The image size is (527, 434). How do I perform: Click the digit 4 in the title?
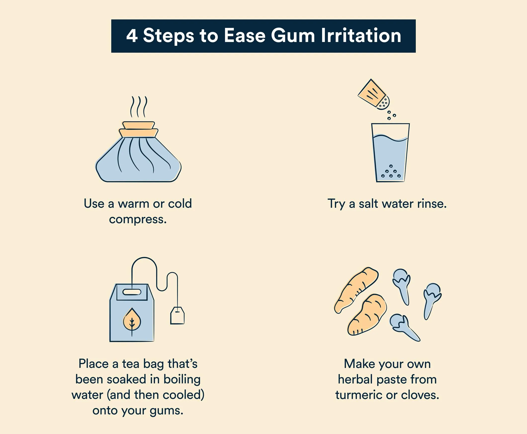coord(132,36)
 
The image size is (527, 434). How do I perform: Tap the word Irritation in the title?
coord(361,35)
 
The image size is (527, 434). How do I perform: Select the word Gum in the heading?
coord(293,36)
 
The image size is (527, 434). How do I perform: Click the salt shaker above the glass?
coord(374,95)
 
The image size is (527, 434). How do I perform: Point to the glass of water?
coord(390,152)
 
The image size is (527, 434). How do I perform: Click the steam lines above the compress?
coord(139,107)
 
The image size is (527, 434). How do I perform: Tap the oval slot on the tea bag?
coord(132,292)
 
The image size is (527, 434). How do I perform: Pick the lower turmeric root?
coord(367,315)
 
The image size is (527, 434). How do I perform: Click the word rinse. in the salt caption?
coord(432,204)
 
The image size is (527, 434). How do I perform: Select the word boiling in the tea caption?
coord(182,380)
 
